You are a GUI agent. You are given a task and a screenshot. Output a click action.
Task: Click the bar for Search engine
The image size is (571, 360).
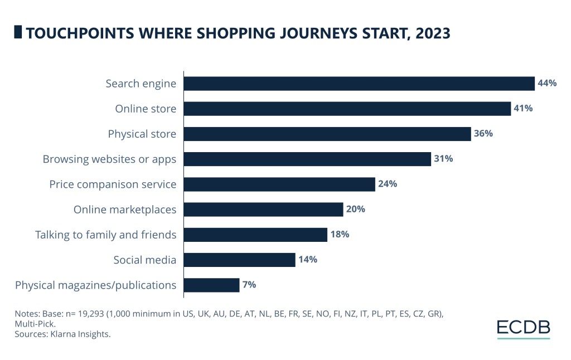click(359, 84)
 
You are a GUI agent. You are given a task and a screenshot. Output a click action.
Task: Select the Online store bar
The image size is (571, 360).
click(347, 109)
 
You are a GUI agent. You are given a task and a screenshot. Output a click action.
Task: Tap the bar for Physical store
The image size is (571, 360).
click(327, 134)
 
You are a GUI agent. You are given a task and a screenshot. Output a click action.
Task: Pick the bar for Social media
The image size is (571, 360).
click(239, 260)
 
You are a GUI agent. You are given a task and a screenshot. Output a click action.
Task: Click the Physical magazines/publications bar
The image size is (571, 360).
click(211, 285)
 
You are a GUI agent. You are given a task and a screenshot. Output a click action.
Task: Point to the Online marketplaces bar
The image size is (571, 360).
click(263, 210)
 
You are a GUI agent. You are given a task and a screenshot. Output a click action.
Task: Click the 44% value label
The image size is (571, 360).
click(547, 84)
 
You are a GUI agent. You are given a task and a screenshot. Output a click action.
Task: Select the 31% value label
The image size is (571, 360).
click(444, 159)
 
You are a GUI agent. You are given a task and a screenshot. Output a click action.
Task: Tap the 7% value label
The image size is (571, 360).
click(249, 285)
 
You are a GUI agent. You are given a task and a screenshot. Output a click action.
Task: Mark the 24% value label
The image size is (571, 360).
click(388, 184)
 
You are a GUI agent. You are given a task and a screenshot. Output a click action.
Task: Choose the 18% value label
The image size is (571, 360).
click(340, 235)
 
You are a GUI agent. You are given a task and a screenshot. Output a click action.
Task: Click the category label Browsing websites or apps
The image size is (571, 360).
click(109, 159)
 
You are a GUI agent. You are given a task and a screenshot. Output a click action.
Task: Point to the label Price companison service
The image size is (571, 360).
click(113, 184)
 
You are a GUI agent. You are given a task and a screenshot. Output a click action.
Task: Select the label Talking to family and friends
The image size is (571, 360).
click(105, 235)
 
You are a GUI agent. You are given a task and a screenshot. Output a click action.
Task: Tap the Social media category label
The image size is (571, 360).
click(144, 260)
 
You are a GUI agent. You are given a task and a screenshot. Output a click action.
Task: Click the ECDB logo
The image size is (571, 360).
click(523, 329)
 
